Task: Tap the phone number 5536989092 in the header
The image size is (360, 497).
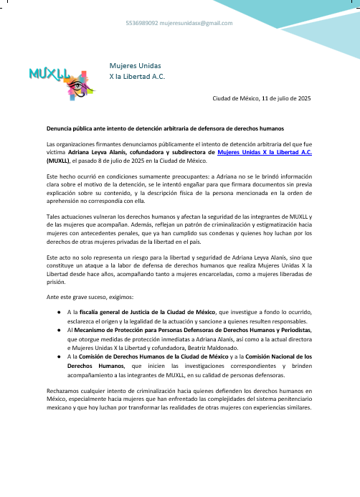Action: point(141,23)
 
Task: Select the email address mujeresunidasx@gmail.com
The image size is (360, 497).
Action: point(196,23)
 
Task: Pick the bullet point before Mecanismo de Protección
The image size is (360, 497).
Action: point(58,318)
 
